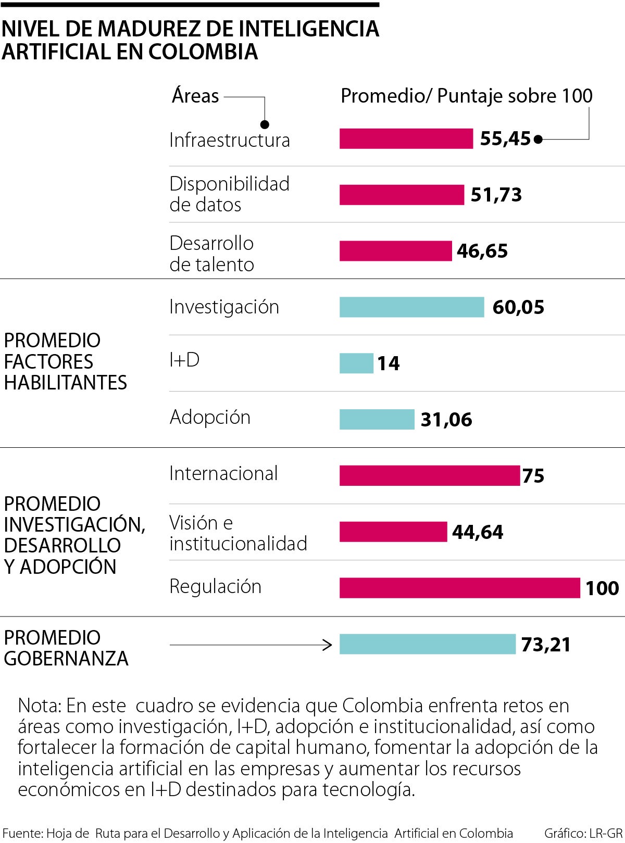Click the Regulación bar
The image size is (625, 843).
coord(459,588)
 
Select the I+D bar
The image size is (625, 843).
coord(356,363)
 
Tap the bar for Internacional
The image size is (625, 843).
coord(429,475)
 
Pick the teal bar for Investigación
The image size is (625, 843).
coord(411,307)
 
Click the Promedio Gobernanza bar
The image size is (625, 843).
coord(427,644)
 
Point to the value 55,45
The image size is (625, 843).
coord(505,139)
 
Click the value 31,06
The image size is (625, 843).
coord(446,419)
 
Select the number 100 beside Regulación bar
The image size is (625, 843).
coord(602,588)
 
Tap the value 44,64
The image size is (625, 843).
coord(477,532)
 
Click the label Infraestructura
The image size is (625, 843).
coord(229,140)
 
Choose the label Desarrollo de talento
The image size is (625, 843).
coord(211,254)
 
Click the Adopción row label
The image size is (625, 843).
coord(210,417)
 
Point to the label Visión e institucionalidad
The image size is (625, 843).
coord(238,533)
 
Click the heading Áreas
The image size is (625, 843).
coord(195,96)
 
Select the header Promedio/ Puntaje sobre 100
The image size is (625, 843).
coord(466,96)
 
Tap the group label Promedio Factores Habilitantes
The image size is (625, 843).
coord(65,361)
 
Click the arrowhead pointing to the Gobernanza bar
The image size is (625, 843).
coord(328,645)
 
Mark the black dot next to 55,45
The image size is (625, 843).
coord(539,139)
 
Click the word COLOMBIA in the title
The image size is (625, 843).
coord(203,52)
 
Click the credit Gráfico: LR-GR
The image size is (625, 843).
coord(583,833)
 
